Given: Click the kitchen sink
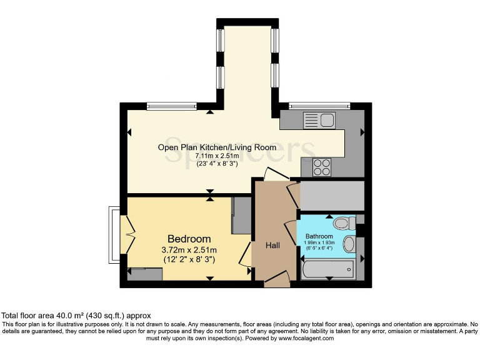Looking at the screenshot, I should (x=319, y=118).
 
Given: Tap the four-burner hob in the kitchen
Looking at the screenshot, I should (x=322, y=166).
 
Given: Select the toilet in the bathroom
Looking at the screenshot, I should (x=343, y=223).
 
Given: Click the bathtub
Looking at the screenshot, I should (x=327, y=269).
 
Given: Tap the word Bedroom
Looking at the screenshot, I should (x=189, y=239).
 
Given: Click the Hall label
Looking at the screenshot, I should (x=272, y=246).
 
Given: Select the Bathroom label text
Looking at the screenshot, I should (x=319, y=236).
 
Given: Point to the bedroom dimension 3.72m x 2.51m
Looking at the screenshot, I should (x=189, y=250).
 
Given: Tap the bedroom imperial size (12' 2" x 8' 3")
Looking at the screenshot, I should (x=189, y=259).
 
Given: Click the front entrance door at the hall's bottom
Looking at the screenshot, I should (x=276, y=281).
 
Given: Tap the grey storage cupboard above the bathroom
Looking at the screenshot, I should (x=331, y=196).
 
